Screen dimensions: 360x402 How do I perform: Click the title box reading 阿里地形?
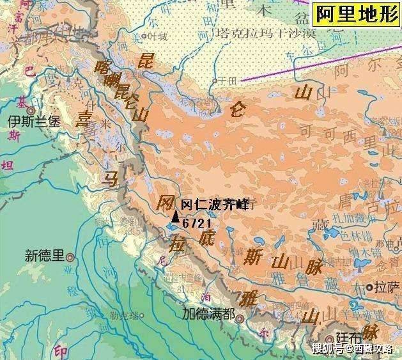tap(355, 15)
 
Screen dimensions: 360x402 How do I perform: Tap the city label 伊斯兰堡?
tap(33, 122)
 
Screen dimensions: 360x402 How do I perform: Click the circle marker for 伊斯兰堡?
tap(31, 109)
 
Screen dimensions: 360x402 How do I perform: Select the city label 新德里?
tap(45, 256)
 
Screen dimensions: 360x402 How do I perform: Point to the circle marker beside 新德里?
tap(70, 257)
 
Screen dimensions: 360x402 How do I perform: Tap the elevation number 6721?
tap(197, 223)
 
